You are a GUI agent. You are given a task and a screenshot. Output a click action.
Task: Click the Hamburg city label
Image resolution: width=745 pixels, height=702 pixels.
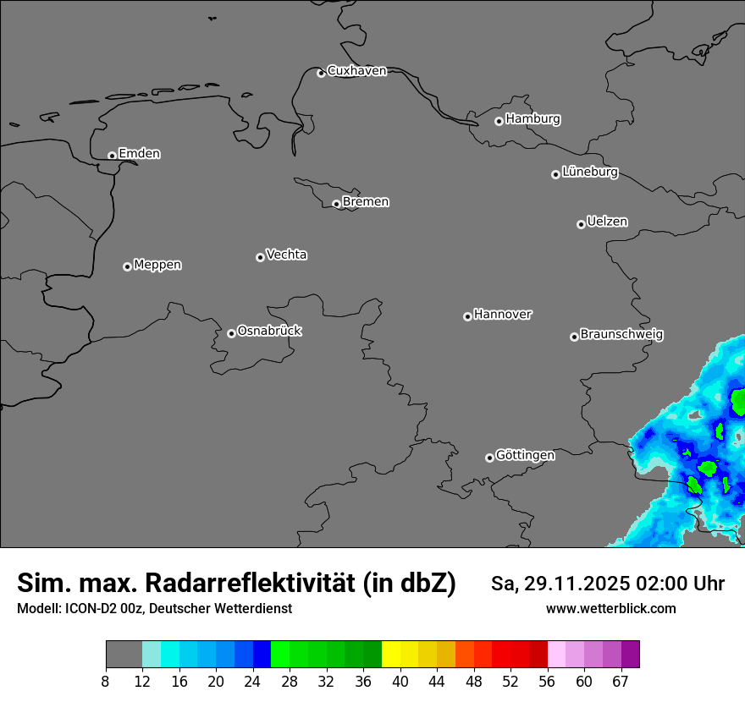click(x=533, y=119)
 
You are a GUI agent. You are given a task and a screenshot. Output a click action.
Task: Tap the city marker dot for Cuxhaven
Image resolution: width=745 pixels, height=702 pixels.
click(x=321, y=73)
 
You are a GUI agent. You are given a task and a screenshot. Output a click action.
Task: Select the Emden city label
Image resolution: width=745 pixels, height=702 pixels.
click(x=139, y=154)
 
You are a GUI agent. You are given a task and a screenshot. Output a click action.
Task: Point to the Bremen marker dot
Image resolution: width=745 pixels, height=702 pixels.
click(x=336, y=204)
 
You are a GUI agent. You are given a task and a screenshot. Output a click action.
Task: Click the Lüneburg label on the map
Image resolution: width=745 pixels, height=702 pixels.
click(x=589, y=173)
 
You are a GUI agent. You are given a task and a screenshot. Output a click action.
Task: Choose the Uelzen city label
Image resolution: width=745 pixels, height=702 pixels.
click(x=607, y=222)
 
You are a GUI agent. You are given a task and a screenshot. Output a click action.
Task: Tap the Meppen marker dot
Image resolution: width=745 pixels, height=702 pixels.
click(x=127, y=266)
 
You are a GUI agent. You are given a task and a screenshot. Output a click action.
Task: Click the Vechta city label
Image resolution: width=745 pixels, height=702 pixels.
click(x=286, y=255)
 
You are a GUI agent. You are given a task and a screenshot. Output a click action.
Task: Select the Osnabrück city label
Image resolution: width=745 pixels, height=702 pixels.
click(x=269, y=332)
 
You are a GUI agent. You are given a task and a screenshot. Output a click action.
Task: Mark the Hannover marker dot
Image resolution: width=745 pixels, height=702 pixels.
click(x=467, y=316)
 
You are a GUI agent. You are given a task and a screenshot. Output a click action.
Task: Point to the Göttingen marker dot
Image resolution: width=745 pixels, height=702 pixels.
click(x=489, y=458)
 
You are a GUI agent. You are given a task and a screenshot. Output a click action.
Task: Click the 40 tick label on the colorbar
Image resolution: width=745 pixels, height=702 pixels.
click(x=400, y=682)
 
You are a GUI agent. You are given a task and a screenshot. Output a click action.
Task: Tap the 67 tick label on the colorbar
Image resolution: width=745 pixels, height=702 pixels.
click(x=621, y=682)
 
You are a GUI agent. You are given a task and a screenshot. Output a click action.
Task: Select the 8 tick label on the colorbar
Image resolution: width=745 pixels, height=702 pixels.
click(x=106, y=682)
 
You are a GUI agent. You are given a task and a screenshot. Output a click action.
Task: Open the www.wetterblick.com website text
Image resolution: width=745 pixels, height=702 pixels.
click(x=610, y=609)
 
